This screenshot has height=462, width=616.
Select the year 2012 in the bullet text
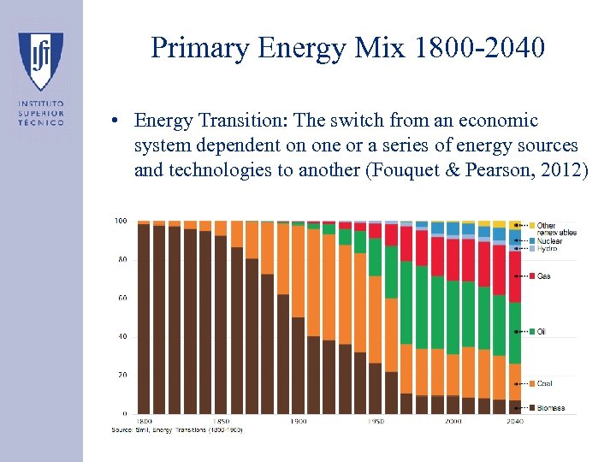[x=556, y=170]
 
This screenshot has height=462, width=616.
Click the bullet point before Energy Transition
[x=114, y=121]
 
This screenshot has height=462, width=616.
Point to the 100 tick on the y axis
[x=121, y=221]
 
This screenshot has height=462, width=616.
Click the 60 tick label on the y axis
[x=122, y=298]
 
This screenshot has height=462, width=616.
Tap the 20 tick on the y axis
[x=122, y=375]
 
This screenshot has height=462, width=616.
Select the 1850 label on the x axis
[x=221, y=421]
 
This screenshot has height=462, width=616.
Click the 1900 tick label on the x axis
[x=299, y=421]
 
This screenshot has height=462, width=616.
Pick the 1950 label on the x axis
[x=376, y=421]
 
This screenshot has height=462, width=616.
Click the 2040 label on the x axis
[x=515, y=421]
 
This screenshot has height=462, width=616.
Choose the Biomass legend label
[x=551, y=408]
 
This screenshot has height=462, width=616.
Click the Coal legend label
[x=545, y=383]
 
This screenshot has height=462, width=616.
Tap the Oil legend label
[x=542, y=331]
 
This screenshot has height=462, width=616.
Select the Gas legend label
[x=543, y=276]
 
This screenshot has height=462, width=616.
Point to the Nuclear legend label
[x=549, y=241]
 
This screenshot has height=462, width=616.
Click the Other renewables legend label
[x=556, y=229]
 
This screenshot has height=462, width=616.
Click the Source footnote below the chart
[x=177, y=429]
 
